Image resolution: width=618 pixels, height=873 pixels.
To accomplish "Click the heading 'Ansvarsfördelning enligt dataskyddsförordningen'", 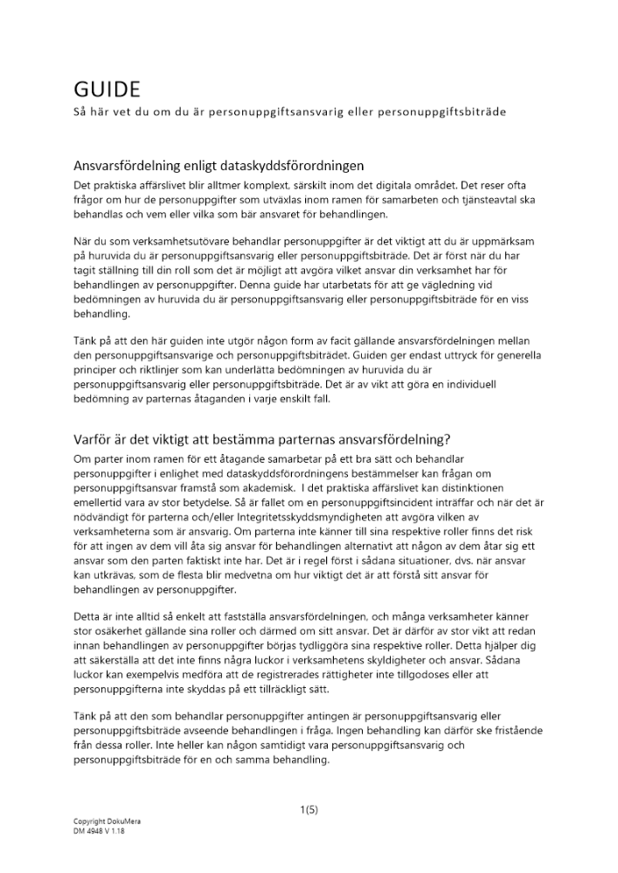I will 218,165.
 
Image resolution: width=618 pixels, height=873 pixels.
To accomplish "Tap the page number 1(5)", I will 309,809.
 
